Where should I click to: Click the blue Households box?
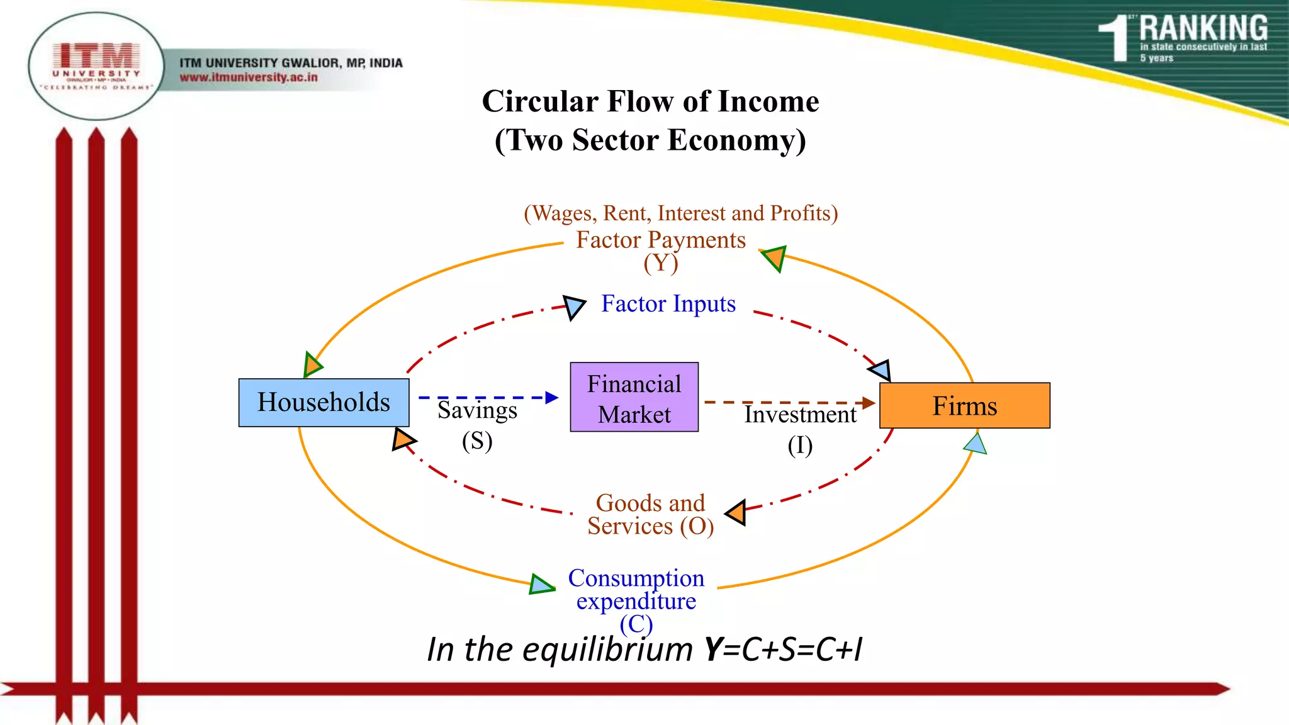324,403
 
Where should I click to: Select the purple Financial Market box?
634,397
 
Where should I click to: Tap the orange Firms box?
964,406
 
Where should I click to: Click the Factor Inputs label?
668,304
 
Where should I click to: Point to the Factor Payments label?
660,240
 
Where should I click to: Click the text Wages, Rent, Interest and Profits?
680,213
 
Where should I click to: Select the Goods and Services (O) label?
650,514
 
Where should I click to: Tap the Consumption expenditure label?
636,590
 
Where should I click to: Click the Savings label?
477,411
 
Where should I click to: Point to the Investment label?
800,415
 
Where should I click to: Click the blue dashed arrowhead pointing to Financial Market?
552,397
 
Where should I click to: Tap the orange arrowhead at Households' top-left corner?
312,364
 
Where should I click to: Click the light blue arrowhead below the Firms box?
976,444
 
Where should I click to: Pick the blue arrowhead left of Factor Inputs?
573,306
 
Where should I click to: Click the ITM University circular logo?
96,66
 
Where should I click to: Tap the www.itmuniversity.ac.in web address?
249,77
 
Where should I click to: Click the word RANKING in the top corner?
1203,28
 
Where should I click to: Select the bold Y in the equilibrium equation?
713,649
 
